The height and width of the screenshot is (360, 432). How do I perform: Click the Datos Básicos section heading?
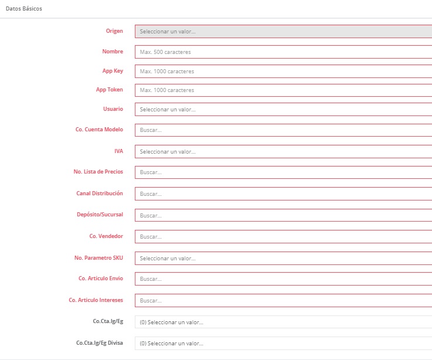(x=23, y=9)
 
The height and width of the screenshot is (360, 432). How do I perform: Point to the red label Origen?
(x=114, y=30)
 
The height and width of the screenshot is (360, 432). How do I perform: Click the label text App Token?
(x=110, y=90)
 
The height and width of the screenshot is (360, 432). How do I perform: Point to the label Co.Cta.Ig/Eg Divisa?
(x=100, y=342)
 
